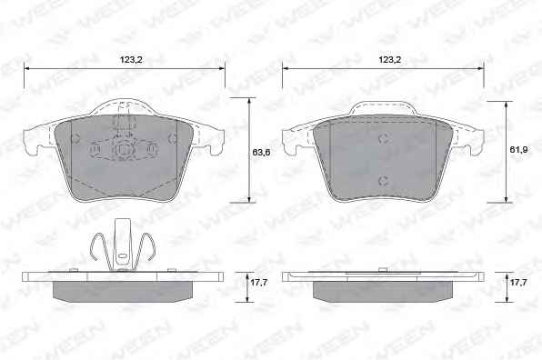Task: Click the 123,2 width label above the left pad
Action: coord(131,60)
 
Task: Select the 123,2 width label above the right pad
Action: coord(389,60)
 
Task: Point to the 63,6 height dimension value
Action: coord(261,152)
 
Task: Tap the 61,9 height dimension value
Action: coord(518,150)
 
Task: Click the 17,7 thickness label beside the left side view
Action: coord(259,283)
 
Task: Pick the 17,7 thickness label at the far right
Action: coord(518,283)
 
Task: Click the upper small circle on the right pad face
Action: coord(384,139)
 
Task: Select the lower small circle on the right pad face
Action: coord(384,180)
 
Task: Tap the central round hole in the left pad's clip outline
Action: coord(123,150)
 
